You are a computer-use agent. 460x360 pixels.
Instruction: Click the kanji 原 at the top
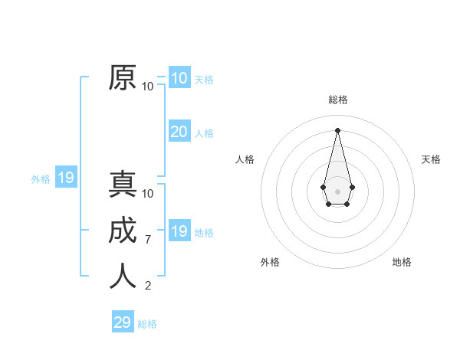pyautogui.click(x=123, y=77)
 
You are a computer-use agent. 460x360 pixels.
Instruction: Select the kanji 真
pyautogui.click(x=123, y=185)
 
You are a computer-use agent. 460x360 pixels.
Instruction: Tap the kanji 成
pyautogui.click(x=123, y=231)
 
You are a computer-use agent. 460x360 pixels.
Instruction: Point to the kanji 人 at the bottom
pyautogui.click(x=123, y=277)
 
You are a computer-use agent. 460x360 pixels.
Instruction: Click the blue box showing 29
pyautogui.click(x=123, y=322)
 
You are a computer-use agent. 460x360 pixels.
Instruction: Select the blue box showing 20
pyautogui.click(x=179, y=132)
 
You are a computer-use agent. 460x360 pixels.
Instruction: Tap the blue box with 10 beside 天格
pyautogui.click(x=179, y=78)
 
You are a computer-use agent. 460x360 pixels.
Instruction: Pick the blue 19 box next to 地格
pyautogui.click(x=179, y=231)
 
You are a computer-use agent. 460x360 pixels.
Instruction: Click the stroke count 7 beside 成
pyautogui.click(x=148, y=241)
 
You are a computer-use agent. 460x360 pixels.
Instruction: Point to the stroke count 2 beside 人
pyautogui.click(x=148, y=286)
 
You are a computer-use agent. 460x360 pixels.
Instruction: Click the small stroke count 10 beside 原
pyautogui.click(x=148, y=87)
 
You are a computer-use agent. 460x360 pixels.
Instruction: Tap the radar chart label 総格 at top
pyautogui.click(x=338, y=100)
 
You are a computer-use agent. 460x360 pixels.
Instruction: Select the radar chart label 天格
pyautogui.click(x=431, y=159)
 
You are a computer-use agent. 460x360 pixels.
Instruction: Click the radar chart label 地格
pyautogui.click(x=402, y=262)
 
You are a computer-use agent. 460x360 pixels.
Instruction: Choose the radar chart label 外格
pyautogui.click(x=270, y=262)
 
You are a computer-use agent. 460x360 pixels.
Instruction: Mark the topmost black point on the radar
pyautogui.click(x=337, y=129)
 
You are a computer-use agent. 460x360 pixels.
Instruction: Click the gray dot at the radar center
pyautogui.click(x=337, y=191)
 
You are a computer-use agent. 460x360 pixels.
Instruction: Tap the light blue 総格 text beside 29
pyautogui.click(x=147, y=324)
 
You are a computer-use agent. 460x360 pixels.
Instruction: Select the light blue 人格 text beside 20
pyautogui.click(x=204, y=133)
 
